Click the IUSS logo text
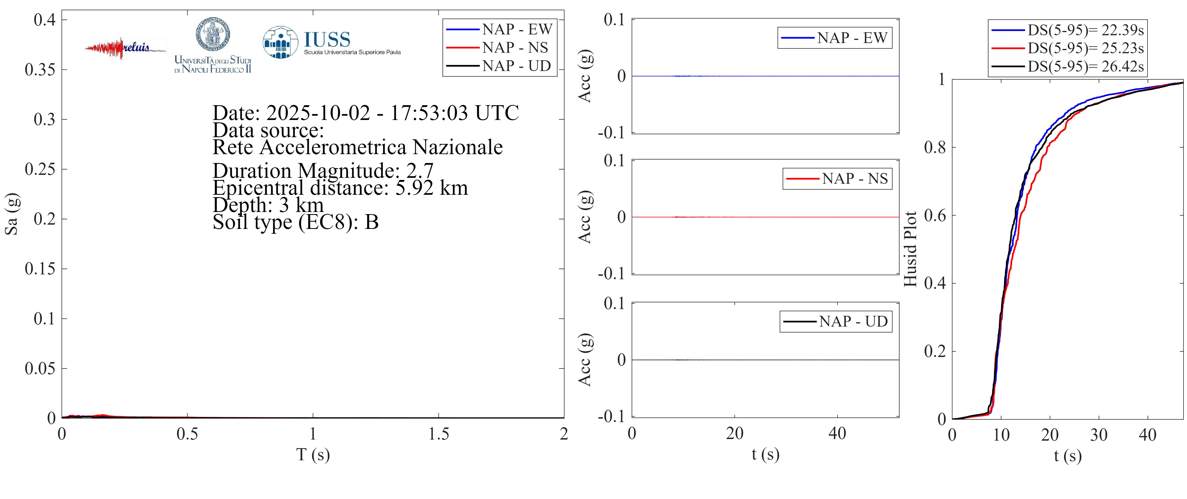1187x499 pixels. pos(327,40)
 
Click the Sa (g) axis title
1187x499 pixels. pos(11,214)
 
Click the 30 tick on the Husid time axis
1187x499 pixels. pos(1099,435)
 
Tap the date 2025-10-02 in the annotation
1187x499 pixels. pos(318,113)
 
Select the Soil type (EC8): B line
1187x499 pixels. pos(295,222)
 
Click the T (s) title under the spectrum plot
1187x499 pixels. pos(313,455)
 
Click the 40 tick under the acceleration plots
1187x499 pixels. pos(837,434)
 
